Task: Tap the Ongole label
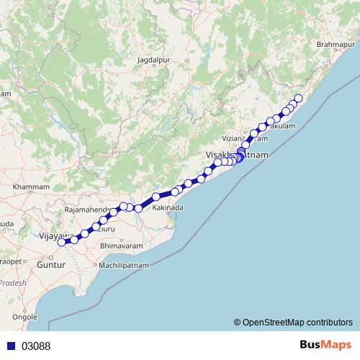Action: click(x=25, y=316)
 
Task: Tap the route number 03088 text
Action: click(x=36, y=346)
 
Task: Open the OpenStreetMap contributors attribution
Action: click(x=297, y=322)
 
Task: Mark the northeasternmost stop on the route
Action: click(x=299, y=98)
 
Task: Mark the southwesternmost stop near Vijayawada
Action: click(x=62, y=242)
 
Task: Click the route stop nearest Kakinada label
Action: click(x=175, y=192)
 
